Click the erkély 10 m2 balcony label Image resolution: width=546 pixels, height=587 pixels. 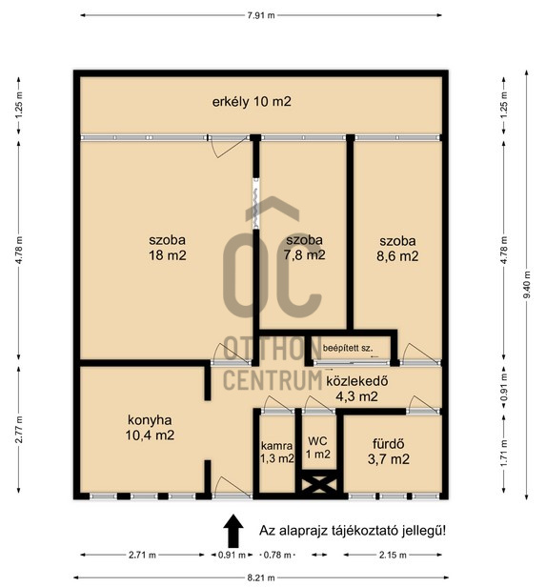point(252,101)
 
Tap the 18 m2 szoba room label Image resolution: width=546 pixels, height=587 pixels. point(168,248)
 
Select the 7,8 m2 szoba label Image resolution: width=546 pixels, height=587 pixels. point(304,248)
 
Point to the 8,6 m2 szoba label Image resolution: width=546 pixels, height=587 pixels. point(397,249)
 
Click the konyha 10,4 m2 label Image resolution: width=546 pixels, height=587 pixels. point(150,428)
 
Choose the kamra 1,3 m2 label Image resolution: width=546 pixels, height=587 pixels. point(277,452)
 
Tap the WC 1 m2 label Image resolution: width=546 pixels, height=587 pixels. point(317,448)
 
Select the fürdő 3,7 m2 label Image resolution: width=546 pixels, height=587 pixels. point(389,452)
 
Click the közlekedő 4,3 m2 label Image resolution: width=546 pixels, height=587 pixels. point(357,389)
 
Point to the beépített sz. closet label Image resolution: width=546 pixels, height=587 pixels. point(348,348)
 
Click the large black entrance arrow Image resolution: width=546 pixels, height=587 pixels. point(233,531)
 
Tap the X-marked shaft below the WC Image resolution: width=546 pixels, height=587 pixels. point(319,484)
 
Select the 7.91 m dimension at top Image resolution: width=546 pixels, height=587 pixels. point(261,15)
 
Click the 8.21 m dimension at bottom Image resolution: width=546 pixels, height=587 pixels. point(261,577)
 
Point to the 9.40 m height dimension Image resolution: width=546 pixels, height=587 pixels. point(527,285)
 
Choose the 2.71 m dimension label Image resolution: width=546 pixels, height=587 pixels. point(142,555)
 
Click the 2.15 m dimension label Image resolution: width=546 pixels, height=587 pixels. point(393,555)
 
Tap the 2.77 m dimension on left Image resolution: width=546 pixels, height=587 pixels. point(19,430)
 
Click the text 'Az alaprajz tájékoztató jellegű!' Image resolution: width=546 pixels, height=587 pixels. point(353,531)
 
